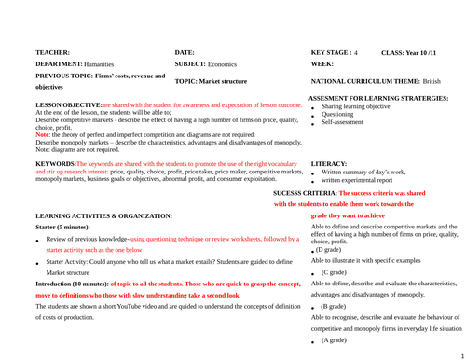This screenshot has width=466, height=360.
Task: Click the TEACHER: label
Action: pyautogui.click(x=53, y=53)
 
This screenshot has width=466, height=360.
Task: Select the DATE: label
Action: pyautogui.click(x=185, y=53)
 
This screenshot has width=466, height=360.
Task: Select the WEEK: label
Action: pyautogui.click(x=322, y=63)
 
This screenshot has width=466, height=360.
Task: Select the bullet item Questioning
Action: pyautogui.click(x=339, y=115)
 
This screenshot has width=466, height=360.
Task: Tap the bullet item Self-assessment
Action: pyautogui.click(x=344, y=122)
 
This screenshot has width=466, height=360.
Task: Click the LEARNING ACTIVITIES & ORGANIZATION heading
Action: pyautogui.click(x=103, y=215)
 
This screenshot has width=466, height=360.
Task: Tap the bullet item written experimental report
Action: pyautogui.click(x=361, y=181)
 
